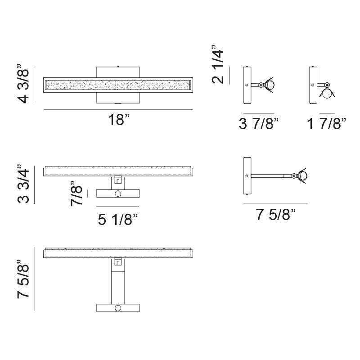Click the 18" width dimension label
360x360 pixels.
click(x=119, y=120)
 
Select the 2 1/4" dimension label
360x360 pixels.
click(x=217, y=64)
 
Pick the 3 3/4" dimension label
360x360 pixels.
click(x=23, y=184)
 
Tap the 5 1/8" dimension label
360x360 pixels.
click(x=117, y=219)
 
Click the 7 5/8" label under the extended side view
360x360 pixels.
click(x=276, y=215)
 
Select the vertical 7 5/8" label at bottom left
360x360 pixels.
click(x=23, y=279)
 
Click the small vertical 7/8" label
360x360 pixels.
click(x=76, y=193)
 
